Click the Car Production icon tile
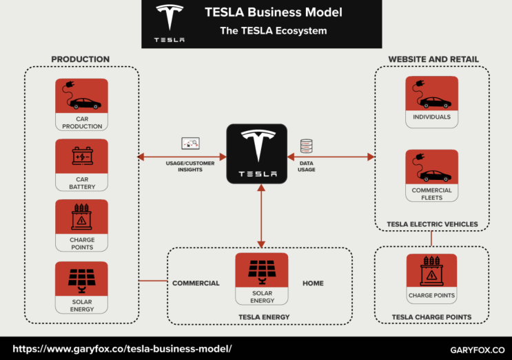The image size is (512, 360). [81, 104]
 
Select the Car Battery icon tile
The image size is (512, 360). [81, 165]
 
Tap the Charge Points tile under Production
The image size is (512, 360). [81, 225]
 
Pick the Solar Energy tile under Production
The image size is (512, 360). [81, 287]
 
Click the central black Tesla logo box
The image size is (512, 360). [257, 154]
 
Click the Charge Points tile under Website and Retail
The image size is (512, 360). [431, 279]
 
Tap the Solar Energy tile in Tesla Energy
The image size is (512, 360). [262, 279]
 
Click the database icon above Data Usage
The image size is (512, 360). [307, 146]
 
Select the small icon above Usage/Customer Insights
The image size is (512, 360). [190, 144]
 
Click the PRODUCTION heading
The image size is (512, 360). [80, 59]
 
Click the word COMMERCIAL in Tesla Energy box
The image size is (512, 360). [196, 283]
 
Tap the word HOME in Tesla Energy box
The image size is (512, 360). [313, 283]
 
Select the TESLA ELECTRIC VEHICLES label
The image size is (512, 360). [432, 224]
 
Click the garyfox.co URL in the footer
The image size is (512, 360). [123, 348]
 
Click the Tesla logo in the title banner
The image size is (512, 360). [169, 23]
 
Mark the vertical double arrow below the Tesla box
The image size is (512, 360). [261, 216]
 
